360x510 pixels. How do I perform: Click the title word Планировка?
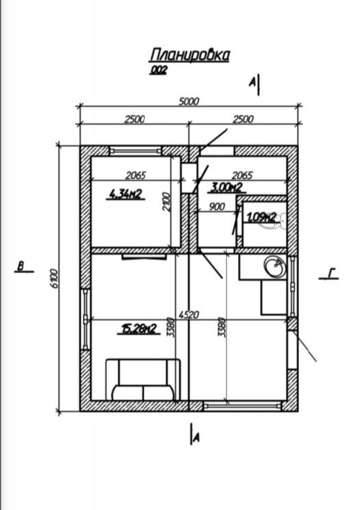coord(190,55)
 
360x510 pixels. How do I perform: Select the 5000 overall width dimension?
coord(189,101)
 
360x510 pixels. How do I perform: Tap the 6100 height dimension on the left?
coord(55,278)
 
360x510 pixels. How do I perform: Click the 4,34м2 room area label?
coord(126,194)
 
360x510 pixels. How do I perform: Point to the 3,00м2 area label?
coord(227,187)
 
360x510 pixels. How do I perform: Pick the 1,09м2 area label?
coord(262,217)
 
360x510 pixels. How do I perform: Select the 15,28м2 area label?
coord(139,329)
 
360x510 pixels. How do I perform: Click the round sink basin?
coord(275,267)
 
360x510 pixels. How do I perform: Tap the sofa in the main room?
coord(143,379)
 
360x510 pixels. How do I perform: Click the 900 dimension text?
coord(216,207)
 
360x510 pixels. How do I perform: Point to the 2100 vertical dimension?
coord(166,202)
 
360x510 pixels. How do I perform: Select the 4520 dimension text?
coord(189,315)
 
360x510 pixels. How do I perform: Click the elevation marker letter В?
coord(21,266)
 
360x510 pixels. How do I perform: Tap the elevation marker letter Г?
coord(331,273)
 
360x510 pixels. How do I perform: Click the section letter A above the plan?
coord(252,83)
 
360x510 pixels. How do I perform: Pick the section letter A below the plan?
coord(196,439)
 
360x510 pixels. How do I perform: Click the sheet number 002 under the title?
coord(158,70)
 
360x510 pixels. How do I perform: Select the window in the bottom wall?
coord(242,405)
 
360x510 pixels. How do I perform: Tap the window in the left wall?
coord(86,320)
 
